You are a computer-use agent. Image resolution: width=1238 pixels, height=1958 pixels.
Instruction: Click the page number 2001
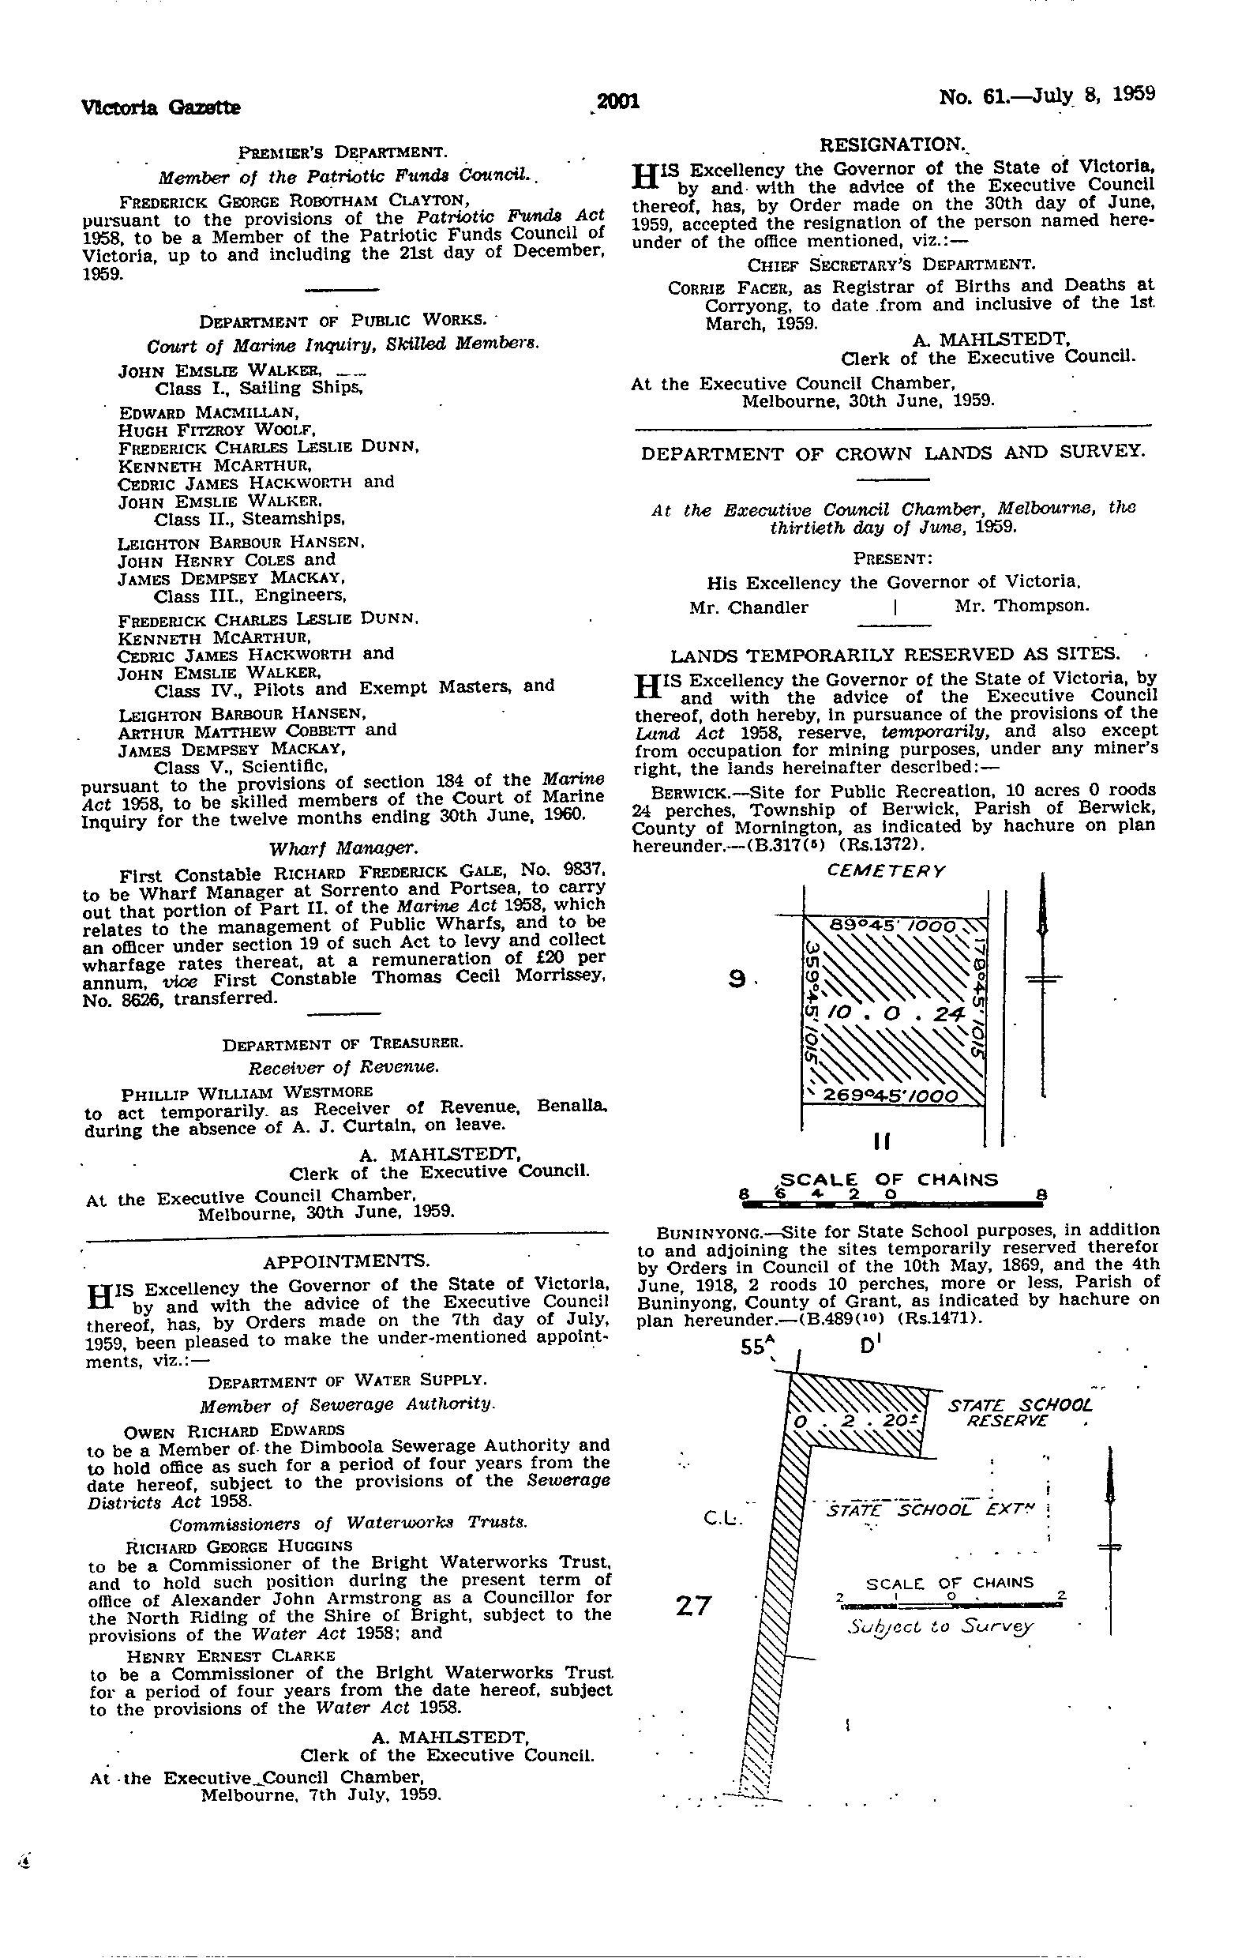click(617, 102)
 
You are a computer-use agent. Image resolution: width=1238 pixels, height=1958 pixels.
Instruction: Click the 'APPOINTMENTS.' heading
click(345, 1261)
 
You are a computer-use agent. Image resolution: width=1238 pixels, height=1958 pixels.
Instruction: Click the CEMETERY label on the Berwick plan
click(886, 871)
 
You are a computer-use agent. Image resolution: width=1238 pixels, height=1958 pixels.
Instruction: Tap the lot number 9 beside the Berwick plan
click(737, 981)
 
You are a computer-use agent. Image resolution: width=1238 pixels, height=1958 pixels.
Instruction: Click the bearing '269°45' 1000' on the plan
click(891, 1096)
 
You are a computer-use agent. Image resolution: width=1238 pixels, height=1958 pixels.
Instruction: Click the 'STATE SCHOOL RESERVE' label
click(1019, 1412)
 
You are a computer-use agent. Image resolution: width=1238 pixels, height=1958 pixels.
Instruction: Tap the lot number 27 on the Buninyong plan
click(693, 1605)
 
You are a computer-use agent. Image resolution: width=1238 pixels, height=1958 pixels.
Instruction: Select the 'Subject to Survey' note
click(940, 1627)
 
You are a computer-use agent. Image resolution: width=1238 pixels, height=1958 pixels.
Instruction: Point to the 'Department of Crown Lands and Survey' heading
click(891, 453)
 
